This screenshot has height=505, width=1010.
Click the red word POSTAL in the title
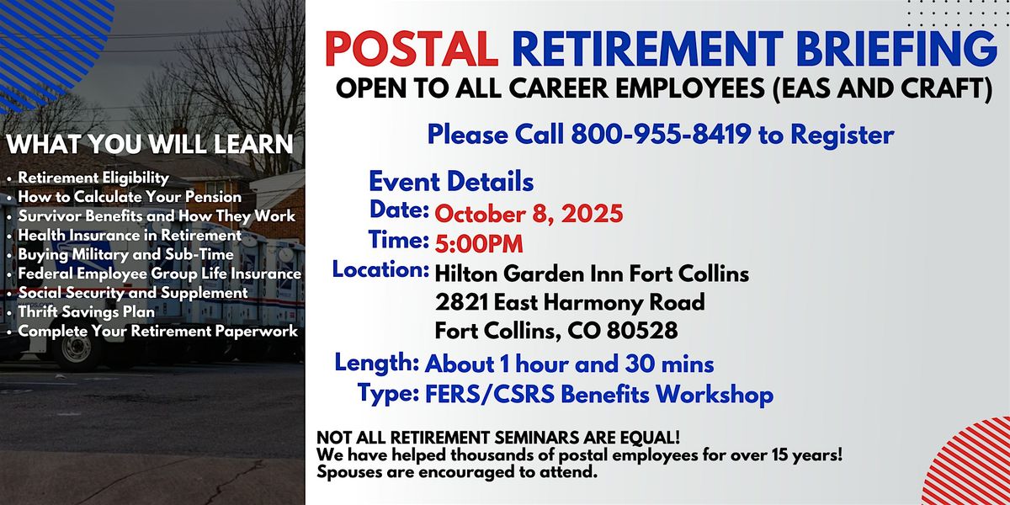click(412, 49)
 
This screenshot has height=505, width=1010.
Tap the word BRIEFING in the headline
click(896, 49)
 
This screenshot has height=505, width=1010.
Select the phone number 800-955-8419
click(661, 135)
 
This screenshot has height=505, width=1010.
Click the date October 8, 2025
click(529, 214)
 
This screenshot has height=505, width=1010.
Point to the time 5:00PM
click(479, 244)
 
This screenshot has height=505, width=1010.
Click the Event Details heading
click(451, 182)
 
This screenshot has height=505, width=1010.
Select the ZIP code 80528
click(642, 331)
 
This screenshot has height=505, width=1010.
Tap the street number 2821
click(462, 302)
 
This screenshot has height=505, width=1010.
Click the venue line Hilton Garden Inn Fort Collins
click(592, 274)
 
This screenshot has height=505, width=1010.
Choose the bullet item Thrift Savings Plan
click(86, 311)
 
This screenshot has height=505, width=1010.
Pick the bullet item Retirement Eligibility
click(93, 178)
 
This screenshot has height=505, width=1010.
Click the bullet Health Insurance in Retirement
click(130, 236)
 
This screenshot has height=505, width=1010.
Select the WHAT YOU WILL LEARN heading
click(150, 144)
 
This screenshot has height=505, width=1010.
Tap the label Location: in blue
click(380, 269)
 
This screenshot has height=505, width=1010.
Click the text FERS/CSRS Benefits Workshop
click(599, 395)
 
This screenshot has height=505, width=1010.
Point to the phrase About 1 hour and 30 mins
click(569, 364)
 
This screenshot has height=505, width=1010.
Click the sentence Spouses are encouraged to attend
click(457, 472)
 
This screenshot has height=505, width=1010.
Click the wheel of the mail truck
click(76, 349)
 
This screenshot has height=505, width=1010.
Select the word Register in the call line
click(843, 136)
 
